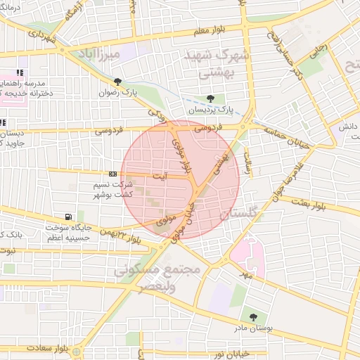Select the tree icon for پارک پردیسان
[210, 98]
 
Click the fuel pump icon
[67, 217]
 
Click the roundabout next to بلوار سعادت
[77, 350]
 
